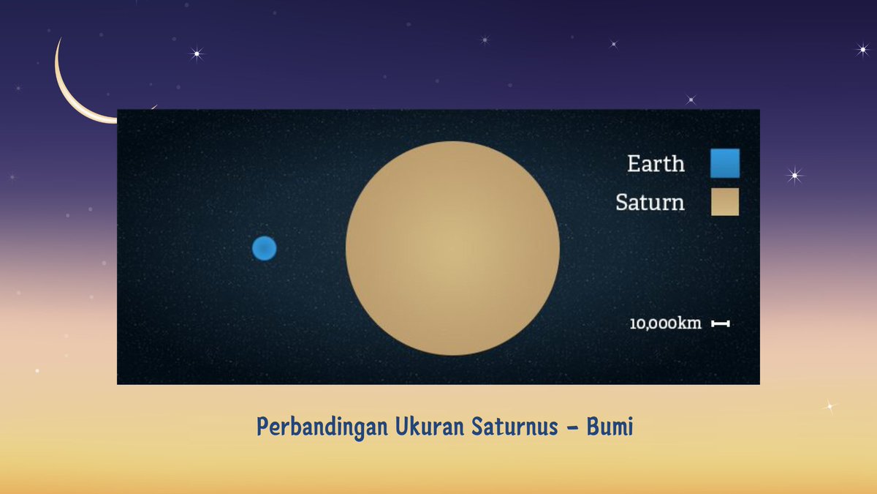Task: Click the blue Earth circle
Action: (x=264, y=248)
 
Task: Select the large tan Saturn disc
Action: (x=452, y=248)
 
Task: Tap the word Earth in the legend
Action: (x=656, y=163)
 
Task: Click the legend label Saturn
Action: (x=650, y=202)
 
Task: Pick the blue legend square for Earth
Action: (x=724, y=163)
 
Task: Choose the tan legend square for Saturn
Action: (x=724, y=202)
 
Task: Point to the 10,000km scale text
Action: (x=666, y=323)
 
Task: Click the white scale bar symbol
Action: (x=721, y=323)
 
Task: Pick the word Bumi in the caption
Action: (x=610, y=427)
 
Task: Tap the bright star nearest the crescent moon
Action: (x=196, y=53)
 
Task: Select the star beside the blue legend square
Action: (x=794, y=175)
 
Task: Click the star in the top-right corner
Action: (x=862, y=49)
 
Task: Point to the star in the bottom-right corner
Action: (x=829, y=405)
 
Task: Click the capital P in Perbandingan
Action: (x=262, y=427)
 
